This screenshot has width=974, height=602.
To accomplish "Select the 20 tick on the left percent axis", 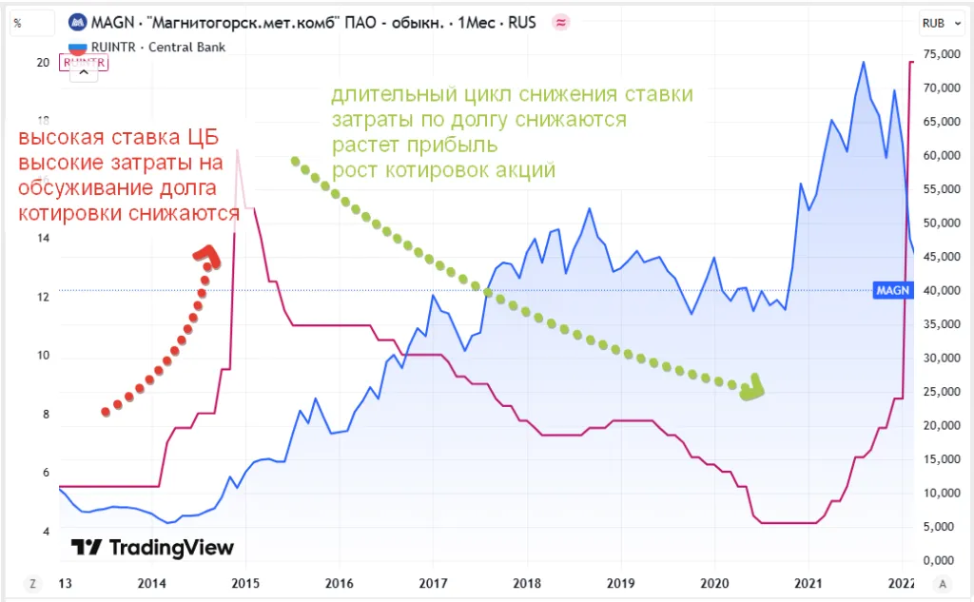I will (43, 63).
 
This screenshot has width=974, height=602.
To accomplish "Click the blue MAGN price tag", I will (892, 290).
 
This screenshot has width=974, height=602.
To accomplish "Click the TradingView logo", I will (153, 547).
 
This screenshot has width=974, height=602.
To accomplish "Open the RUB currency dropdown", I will (937, 23).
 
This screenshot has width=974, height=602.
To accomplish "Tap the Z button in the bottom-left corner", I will (32, 583).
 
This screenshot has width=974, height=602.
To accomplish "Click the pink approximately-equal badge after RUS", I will (560, 22).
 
